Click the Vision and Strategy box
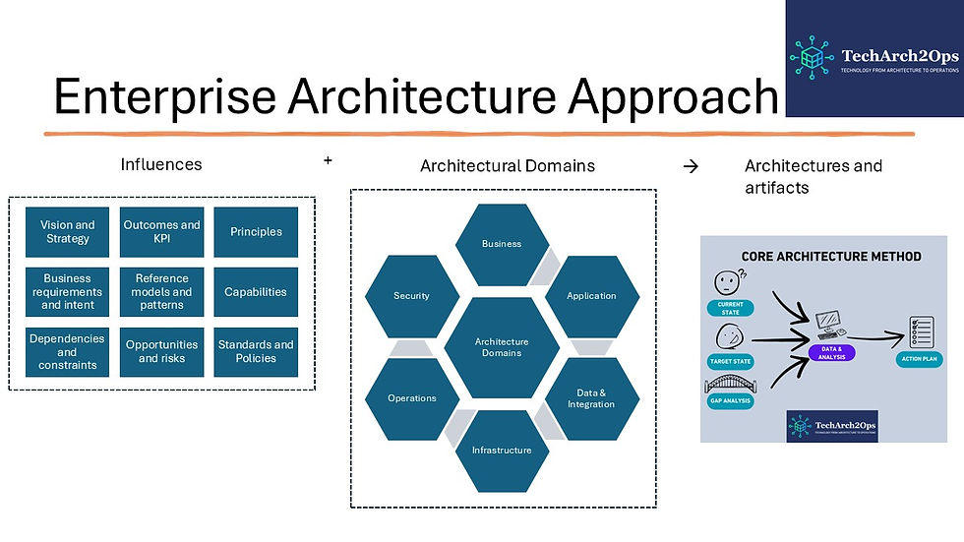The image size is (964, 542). (68, 232)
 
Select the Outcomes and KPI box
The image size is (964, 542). (161, 232)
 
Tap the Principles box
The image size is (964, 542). (256, 232)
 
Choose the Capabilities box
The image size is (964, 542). (256, 292)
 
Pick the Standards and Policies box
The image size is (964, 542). (256, 352)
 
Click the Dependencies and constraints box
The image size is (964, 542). (68, 352)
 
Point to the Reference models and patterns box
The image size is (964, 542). (161, 292)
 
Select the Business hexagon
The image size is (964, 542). (502, 244)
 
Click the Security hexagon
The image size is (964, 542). (411, 295)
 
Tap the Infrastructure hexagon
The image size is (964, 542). (502, 451)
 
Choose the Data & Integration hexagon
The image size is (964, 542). (591, 398)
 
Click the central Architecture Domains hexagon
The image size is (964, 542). (502, 347)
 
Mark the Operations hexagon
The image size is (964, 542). (411, 398)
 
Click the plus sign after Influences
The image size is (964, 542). (328, 158)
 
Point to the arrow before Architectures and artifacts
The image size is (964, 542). (691, 166)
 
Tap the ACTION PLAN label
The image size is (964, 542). (920, 360)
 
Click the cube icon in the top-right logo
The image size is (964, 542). (813, 57)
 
